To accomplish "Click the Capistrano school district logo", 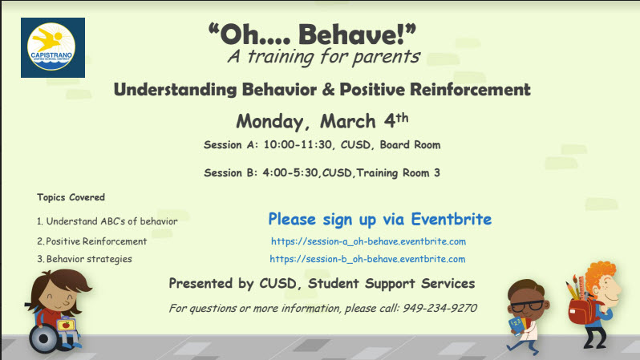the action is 53,47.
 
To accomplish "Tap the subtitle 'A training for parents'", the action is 324,56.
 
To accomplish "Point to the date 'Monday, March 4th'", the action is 322,121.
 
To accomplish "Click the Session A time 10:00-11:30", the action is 298,145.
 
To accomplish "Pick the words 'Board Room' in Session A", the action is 410,145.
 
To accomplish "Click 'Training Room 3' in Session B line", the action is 398,173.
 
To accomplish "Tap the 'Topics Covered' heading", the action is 71,197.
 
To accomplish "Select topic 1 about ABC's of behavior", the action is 107,221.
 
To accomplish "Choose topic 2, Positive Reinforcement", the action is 92,241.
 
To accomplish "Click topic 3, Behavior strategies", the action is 84,259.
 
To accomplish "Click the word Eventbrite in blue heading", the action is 451,219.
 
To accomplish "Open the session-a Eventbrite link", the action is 368,241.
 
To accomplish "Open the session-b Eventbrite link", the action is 367,259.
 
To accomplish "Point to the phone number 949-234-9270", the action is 439,308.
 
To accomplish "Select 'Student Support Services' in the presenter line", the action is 391,283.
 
